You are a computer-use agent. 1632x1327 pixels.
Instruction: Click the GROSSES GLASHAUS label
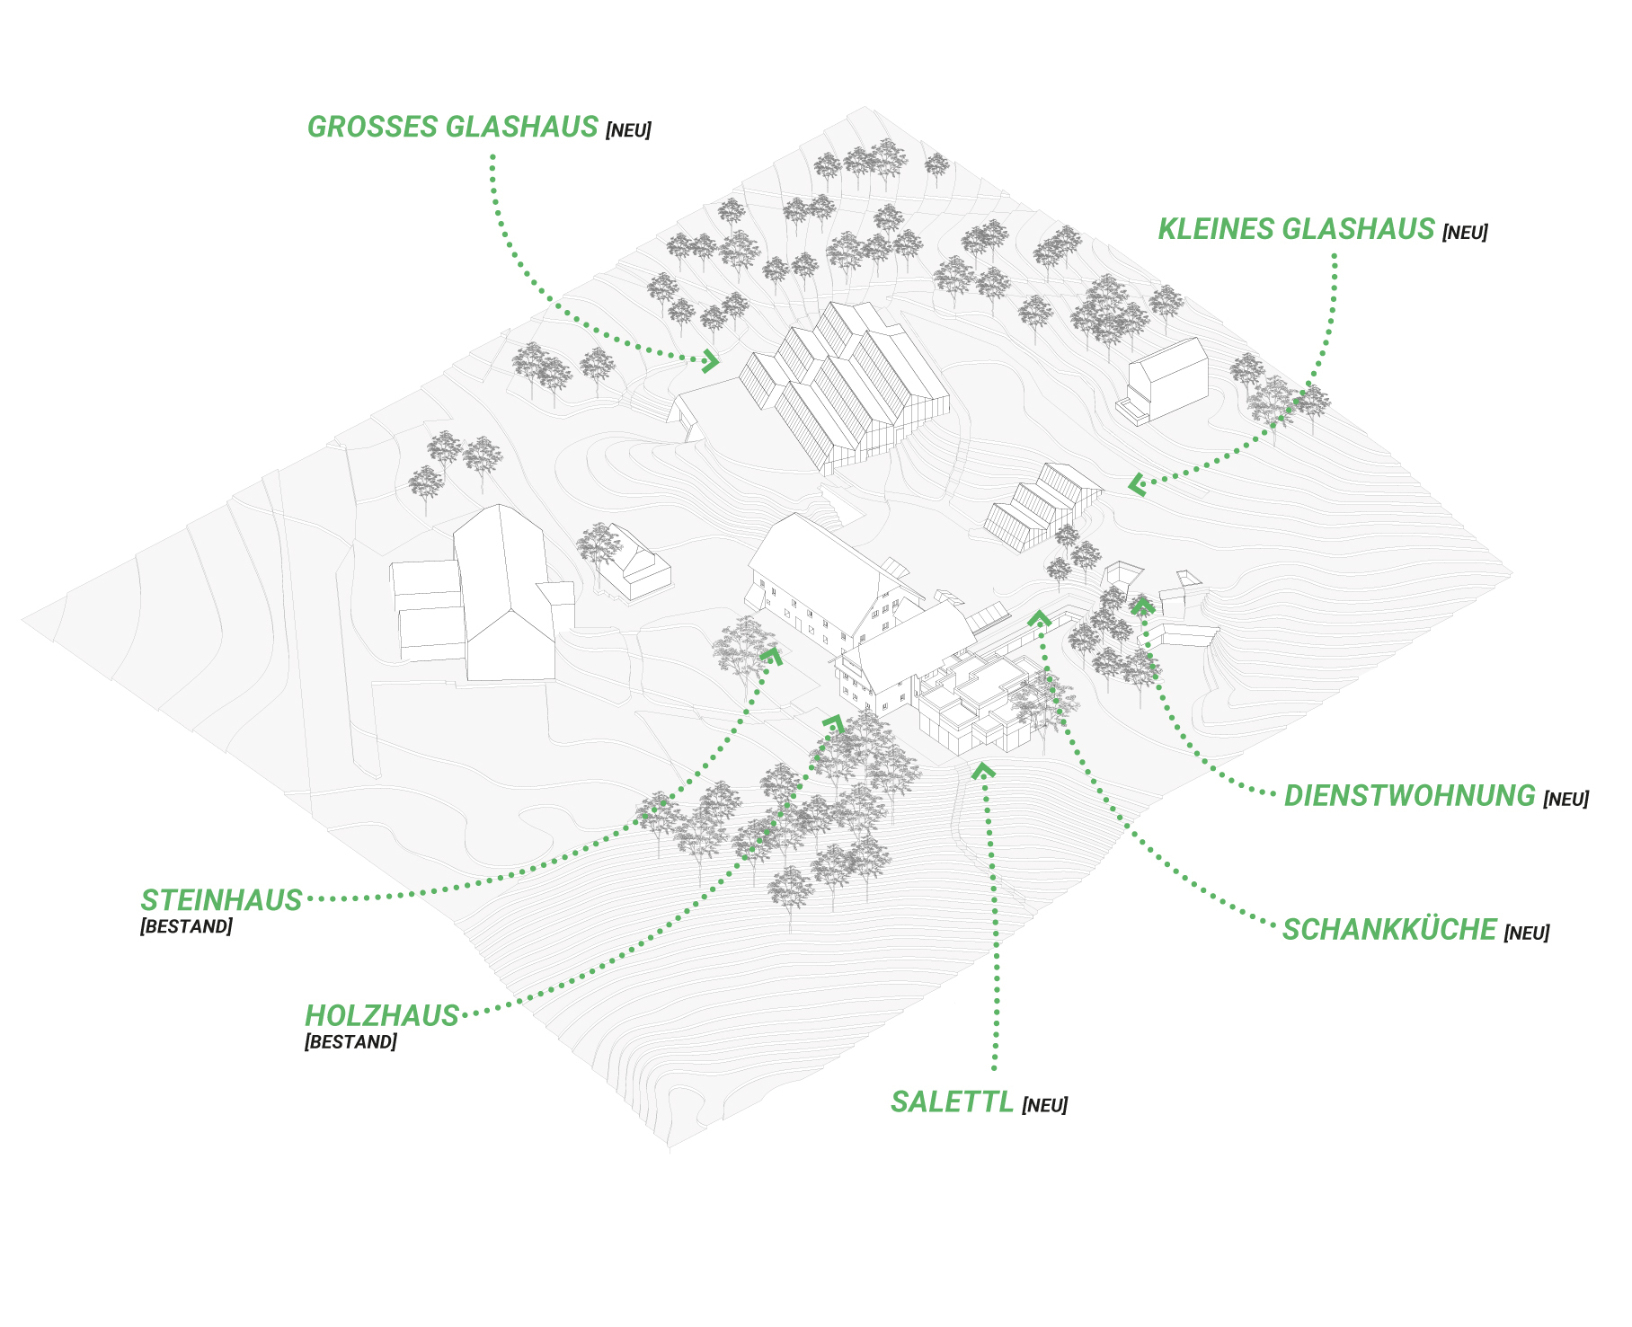pyautogui.click(x=452, y=127)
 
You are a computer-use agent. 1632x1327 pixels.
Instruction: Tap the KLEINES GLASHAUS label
pyautogui.click(x=1295, y=229)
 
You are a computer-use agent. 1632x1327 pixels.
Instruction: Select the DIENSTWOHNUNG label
pyautogui.click(x=1409, y=795)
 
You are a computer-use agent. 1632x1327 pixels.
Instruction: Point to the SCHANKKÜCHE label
pyautogui.click(x=1388, y=929)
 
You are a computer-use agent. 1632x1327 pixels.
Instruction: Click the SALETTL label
pyautogui.click(x=951, y=1101)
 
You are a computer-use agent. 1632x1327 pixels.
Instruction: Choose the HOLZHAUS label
pyautogui.click(x=382, y=1015)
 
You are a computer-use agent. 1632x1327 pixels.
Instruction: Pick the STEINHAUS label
pyautogui.click(x=221, y=899)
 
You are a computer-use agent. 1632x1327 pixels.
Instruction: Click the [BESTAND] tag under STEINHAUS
pyautogui.click(x=186, y=926)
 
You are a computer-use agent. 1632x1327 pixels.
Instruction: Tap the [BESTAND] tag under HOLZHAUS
pyautogui.click(x=350, y=1042)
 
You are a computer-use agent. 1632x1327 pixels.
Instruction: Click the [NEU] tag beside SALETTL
pyautogui.click(x=1044, y=1105)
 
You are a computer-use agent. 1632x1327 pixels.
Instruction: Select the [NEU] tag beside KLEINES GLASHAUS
pyautogui.click(x=1465, y=233)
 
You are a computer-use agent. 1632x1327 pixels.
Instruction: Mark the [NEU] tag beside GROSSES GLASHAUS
pyautogui.click(x=628, y=130)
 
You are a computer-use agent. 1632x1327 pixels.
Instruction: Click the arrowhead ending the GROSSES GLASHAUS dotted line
pyautogui.click(x=711, y=361)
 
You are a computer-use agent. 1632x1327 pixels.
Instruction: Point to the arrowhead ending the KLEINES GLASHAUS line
pyautogui.click(x=1137, y=485)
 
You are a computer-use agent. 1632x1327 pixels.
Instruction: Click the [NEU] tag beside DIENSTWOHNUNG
pyautogui.click(x=1565, y=799)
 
